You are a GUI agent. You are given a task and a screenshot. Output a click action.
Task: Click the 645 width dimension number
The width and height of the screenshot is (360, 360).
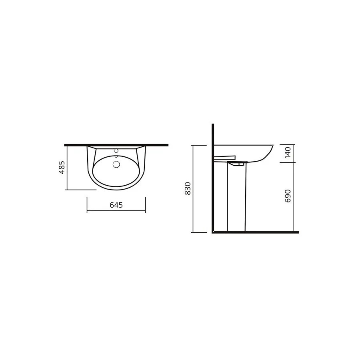coord(116,205)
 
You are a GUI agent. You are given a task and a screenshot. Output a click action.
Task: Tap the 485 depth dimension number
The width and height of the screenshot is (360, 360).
coord(62,168)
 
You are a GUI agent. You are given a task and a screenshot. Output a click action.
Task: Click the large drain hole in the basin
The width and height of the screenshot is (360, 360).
coord(116,164)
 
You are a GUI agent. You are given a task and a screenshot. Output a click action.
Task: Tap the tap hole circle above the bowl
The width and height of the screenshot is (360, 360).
coord(116,151)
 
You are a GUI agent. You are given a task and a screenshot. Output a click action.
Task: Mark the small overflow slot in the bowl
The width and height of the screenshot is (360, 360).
coord(116,157)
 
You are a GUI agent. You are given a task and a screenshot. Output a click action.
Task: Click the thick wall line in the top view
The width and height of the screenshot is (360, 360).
coord(116,145)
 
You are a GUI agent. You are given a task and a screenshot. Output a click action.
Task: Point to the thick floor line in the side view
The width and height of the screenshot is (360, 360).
coord(256,232)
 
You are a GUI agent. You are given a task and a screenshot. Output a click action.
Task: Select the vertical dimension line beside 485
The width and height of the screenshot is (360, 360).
coord(67,168)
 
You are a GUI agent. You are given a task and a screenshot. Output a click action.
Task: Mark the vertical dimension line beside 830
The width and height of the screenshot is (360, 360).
coord(193,188)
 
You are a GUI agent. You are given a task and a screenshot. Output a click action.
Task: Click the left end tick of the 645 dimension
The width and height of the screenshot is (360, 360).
coord(87,205)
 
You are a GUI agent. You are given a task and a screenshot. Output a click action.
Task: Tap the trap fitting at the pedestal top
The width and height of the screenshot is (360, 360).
coord(238,163)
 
